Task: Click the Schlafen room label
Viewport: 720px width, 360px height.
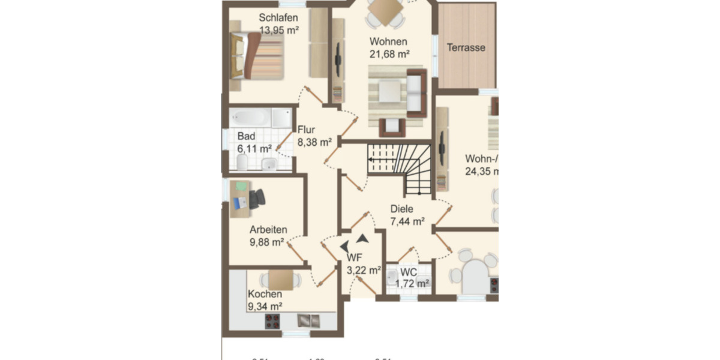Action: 278,17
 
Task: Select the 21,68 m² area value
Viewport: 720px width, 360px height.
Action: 389,54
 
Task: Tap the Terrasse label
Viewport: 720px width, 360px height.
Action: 466,47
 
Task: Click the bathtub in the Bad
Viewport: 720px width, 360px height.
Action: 251,117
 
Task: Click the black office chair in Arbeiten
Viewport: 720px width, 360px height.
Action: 257,198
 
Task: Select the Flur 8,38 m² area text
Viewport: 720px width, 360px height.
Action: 314,142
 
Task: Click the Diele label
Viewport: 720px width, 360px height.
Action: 402,209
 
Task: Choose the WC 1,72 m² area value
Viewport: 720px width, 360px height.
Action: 415,283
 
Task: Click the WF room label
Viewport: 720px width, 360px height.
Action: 355,258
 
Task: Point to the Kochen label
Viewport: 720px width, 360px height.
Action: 265,294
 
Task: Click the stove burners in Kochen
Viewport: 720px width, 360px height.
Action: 274,321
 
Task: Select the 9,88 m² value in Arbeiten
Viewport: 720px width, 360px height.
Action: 266,242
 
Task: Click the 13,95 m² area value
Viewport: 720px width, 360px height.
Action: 279,29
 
